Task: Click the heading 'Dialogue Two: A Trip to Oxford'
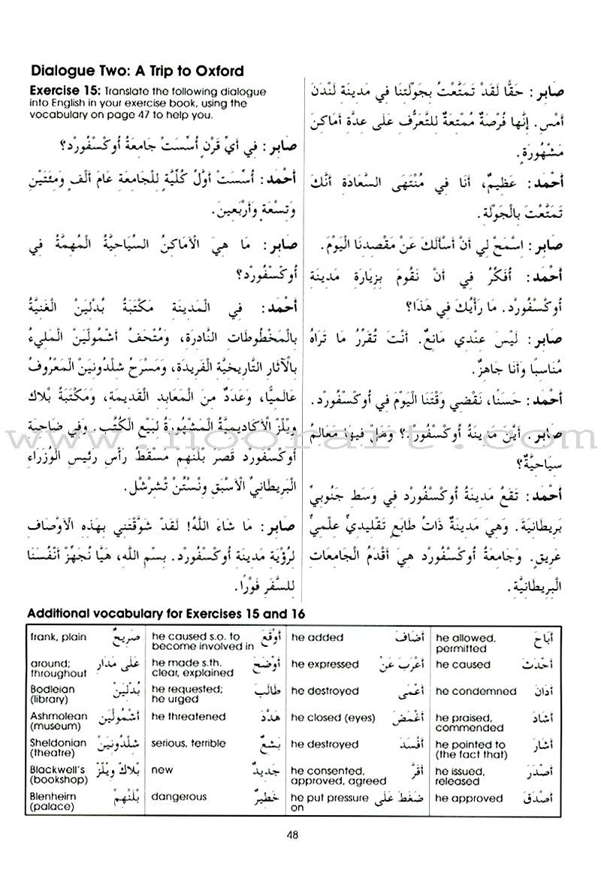click(x=137, y=72)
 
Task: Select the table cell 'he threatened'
click(x=188, y=717)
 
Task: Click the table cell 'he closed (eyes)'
click(x=333, y=717)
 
